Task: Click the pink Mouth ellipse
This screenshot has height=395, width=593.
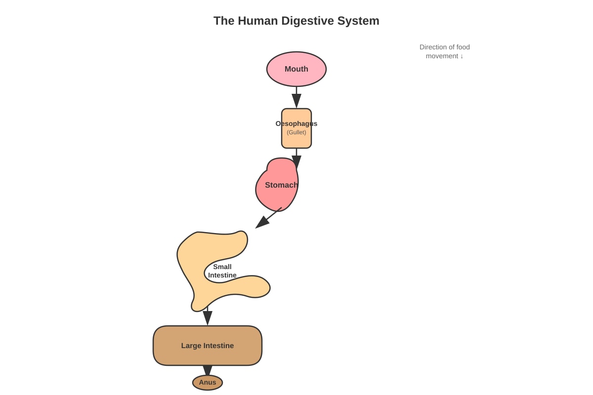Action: pos(296,69)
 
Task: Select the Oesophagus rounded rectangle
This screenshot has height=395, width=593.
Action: pos(296,128)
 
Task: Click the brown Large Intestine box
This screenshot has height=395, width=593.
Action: pos(208,346)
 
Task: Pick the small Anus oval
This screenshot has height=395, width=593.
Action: pos(208,383)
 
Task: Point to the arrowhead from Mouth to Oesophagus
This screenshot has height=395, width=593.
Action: pos(296,101)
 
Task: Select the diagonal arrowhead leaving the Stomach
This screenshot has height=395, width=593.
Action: pos(262,222)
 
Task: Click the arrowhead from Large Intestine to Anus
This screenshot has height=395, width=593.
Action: pos(208,370)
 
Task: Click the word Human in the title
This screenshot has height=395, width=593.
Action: pos(257,21)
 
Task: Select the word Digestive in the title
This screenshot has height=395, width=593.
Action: pos(307,21)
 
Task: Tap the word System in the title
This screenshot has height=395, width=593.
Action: pos(358,21)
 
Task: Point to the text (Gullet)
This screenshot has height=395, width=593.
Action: pos(296,132)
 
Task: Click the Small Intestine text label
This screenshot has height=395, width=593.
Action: pos(222,271)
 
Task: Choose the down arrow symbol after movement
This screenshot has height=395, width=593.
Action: pos(462,56)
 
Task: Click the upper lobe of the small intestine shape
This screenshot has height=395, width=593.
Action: pos(222,245)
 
